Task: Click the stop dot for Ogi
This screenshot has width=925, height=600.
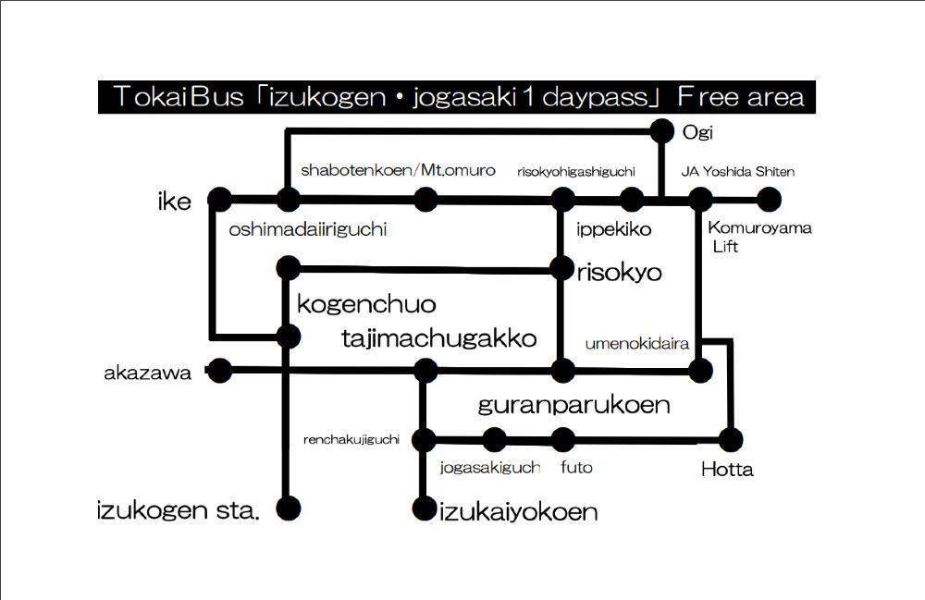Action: coord(662,131)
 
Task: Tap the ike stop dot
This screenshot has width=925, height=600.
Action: coord(219,199)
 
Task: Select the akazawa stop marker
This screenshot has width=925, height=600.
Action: coord(219,372)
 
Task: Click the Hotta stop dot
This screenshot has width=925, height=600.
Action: coord(732,439)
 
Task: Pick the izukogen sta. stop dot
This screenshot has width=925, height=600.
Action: coord(289,508)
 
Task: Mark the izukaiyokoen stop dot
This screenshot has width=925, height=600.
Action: coord(425,508)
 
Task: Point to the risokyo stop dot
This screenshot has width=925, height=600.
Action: coord(561,269)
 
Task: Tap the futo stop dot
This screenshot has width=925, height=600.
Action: coord(562,439)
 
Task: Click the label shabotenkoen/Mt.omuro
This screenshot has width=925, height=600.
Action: coord(398,170)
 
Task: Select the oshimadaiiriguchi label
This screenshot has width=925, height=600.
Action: coord(307,229)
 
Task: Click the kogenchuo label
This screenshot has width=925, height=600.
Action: coord(366,304)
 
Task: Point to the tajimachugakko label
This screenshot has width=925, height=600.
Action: coord(438,338)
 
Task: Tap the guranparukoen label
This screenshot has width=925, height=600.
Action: coord(573,405)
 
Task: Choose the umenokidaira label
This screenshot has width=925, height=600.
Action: coord(637,344)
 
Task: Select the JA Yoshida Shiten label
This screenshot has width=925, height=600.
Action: coord(737,171)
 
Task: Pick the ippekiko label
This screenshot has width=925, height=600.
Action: coord(613,228)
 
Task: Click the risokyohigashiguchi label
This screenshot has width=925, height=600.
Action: coord(576,171)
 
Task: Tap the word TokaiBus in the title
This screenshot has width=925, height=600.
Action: coord(177,97)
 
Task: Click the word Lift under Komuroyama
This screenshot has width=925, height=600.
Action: coord(725,247)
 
